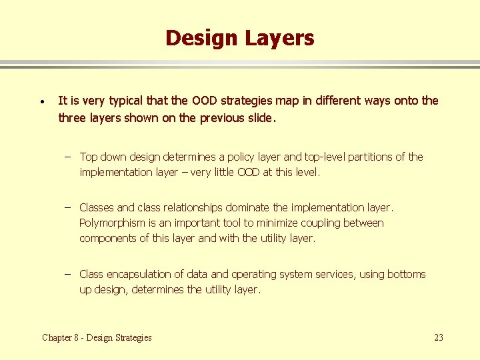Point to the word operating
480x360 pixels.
click(x=254, y=274)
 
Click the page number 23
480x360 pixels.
click(x=438, y=337)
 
